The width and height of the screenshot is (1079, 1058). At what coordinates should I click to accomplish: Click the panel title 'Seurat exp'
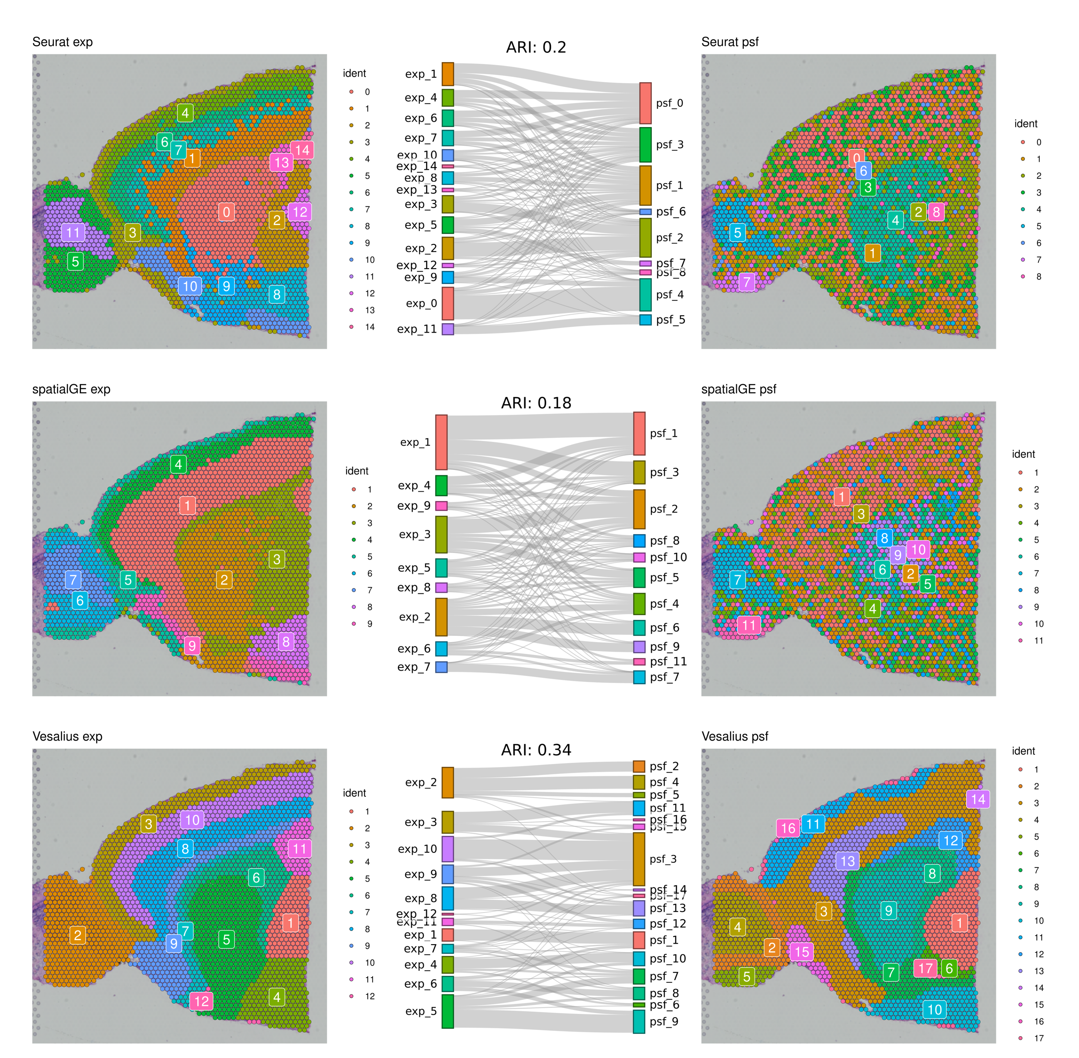pos(62,42)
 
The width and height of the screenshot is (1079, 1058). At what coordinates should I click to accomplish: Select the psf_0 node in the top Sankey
pos(645,103)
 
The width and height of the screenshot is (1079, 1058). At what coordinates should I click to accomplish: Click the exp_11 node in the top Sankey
pos(448,329)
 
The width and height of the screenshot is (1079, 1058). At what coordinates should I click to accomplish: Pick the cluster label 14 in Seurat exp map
pos(302,150)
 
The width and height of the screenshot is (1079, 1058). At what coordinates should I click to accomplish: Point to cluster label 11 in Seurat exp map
pos(73,232)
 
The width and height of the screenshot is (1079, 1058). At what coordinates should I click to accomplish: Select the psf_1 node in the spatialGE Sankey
pos(640,433)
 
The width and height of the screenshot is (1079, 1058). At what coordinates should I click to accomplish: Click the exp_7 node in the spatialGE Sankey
pos(441,667)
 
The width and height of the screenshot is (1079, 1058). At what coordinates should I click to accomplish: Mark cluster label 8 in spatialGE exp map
pos(286,642)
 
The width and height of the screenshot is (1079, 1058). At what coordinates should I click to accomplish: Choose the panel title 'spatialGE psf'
pos(739,389)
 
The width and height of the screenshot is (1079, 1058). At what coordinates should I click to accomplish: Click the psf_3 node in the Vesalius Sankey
pos(639,859)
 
